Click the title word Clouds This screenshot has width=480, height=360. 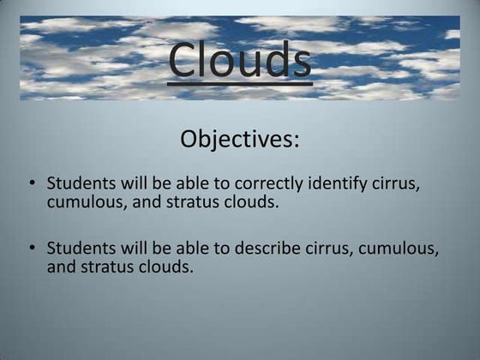(239, 58)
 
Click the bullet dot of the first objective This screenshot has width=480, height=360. (32, 183)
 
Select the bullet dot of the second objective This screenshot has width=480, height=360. (32, 249)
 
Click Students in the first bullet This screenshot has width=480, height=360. (78, 183)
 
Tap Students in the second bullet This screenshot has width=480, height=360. (78, 249)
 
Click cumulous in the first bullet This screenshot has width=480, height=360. (85, 203)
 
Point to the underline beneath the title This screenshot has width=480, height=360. (239, 83)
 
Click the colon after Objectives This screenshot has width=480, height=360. (297, 141)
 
